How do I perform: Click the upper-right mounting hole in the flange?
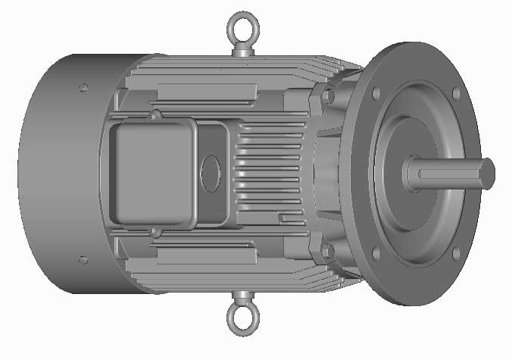[x=455, y=93]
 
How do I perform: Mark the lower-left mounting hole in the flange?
[x=375, y=254]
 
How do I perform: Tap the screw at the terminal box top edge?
[x=154, y=116]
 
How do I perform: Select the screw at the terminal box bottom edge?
[x=154, y=230]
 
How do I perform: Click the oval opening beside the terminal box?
[x=211, y=174]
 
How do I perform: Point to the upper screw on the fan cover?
[x=83, y=88]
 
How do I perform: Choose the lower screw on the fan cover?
[x=83, y=260]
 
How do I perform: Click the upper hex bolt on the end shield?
[x=327, y=97]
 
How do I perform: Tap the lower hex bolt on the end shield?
[x=327, y=249]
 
